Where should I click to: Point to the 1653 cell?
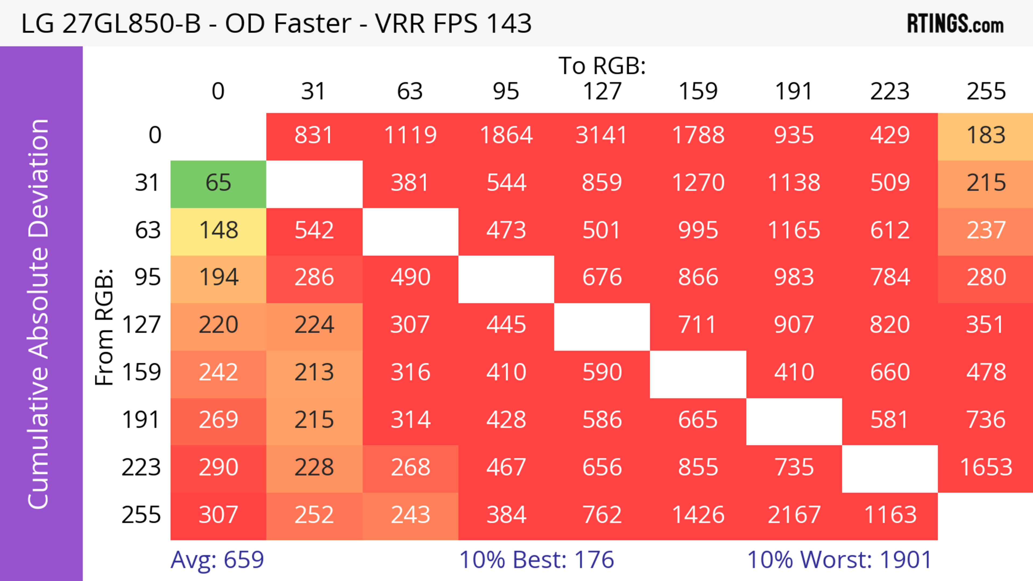click(x=986, y=468)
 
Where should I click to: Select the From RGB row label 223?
click(x=141, y=468)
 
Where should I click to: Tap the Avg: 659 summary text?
click(x=217, y=560)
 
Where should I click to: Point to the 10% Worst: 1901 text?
click(x=839, y=560)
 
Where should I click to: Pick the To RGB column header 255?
click(x=986, y=91)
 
